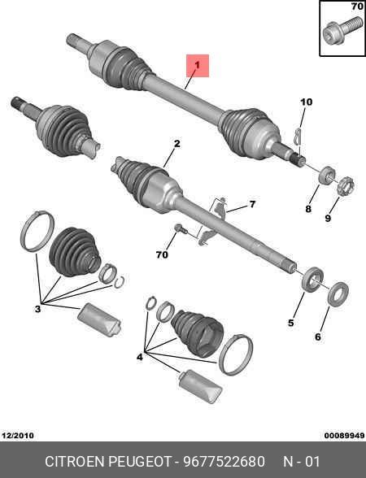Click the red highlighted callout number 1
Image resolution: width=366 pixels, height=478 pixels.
pyautogui.click(x=198, y=66)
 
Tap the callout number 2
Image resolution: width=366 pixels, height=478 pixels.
pyautogui.click(x=177, y=144)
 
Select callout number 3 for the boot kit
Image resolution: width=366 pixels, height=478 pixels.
pyautogui.click(x=37, y=309)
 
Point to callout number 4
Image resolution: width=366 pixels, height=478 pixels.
pyautogui.click(x=140, y=357)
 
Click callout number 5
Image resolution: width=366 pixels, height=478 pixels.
pyautogui.click(x=291, y=323)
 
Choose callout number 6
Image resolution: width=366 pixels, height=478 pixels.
pyautogui.click(x=318, y=337)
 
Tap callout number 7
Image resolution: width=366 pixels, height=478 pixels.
pyautogui.click(x=252, y=204)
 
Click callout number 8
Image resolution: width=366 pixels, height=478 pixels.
pyautogui.click(x=308, y=209)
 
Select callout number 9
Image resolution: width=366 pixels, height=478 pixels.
pyautogui.click(x=328, y=218)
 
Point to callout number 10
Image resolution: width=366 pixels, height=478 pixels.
pyautogui.click(x=306, y=102)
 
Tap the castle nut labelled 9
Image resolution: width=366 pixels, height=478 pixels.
pyautogui.click(x=346, y=186)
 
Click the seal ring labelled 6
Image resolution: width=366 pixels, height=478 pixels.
pyautogui.click(x=338, y=294)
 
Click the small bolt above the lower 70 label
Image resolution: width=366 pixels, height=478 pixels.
pyautogui.click(x=180, y=228)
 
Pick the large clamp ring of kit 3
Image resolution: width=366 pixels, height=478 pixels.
pyautogui.click(x=37, y=231)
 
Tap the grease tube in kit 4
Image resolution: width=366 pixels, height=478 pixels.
pyautogui.click(x=200, y=386)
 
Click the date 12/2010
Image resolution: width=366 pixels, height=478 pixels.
pyautogui.click(x=18, y=435)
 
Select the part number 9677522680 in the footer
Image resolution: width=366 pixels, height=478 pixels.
pyautogui.click(x=224, y=461)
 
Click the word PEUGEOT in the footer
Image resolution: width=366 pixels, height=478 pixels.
pyautogui.click(x=140, y=461)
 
